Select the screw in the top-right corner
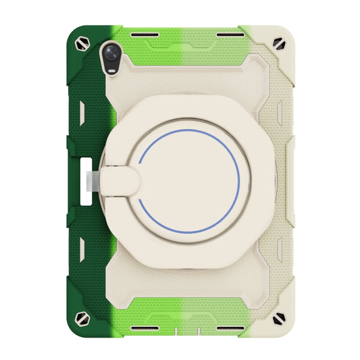point(278,42)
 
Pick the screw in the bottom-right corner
point(278,318)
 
